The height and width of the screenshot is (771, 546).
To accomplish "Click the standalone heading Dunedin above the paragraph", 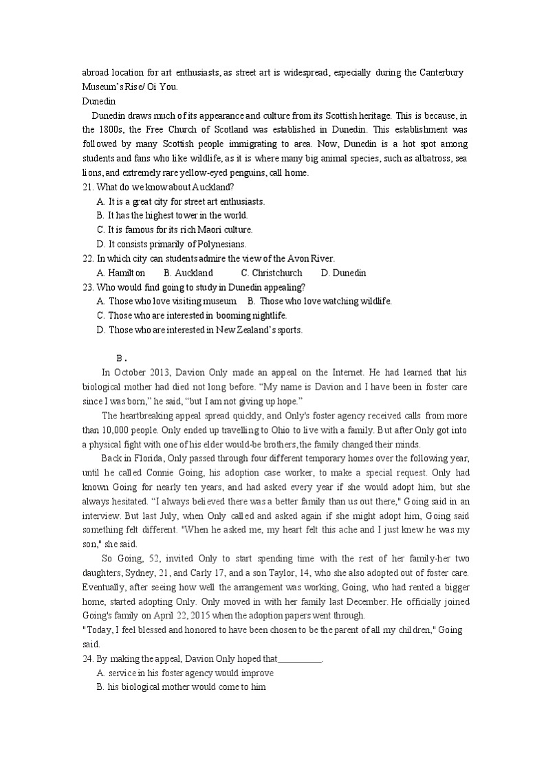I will coord(99,101).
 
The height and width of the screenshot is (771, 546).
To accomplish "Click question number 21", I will coord(87,187).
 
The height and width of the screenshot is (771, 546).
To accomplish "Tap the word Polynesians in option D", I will coord(218,244).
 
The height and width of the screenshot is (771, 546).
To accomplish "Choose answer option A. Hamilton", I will coord(121,273).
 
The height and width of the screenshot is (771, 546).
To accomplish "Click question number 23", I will coord(87,287).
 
